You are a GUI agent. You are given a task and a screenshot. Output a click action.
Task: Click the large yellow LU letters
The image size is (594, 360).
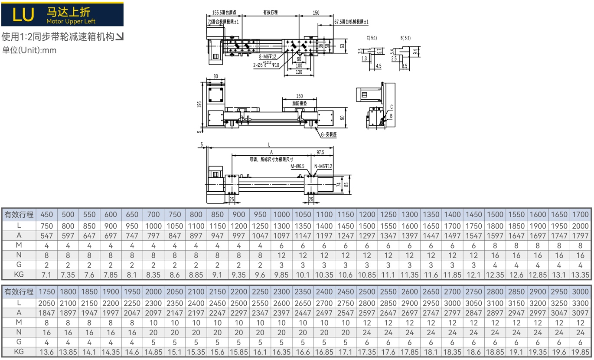(23, 15)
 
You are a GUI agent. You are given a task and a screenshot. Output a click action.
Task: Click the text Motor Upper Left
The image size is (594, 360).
(71, 21)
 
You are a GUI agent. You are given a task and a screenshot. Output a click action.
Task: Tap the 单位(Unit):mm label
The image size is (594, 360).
(29, 50)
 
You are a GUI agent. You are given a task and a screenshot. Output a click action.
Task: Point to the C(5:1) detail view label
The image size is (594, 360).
(372, 38)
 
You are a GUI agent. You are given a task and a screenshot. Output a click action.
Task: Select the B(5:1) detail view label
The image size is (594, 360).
(405, 38)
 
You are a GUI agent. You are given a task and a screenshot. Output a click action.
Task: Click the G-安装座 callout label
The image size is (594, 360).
(329, 134)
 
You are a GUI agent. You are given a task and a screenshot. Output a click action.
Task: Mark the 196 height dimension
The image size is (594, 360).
(199, 105)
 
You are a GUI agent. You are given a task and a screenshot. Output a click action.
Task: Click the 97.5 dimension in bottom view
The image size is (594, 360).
(320, 152)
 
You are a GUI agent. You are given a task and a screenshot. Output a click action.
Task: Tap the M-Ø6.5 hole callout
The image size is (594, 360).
(297, 167)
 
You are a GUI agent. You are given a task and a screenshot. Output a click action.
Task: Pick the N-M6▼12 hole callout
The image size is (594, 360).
(323, 167)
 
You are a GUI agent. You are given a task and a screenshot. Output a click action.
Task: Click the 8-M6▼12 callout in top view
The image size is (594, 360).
(268, 56)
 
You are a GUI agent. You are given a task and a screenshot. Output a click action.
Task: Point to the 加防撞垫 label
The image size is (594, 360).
(300, 103)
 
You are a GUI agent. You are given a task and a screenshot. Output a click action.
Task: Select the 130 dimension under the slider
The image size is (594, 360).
(299, 72)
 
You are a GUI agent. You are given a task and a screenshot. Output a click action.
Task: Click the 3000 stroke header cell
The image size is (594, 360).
(580, 291)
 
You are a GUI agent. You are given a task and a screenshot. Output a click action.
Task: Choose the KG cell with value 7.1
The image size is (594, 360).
(46, 275)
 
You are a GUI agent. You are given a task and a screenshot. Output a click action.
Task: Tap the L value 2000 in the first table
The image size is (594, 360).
(580, 226)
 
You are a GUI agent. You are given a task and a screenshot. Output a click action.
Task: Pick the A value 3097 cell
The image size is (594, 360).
(580, 313)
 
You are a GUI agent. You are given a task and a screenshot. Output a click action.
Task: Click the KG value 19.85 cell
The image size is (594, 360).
(580, 352)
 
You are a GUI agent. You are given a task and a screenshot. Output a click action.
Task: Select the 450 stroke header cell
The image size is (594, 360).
(46, 214)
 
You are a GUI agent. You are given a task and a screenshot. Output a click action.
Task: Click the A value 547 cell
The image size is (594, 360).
(46, 236)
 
